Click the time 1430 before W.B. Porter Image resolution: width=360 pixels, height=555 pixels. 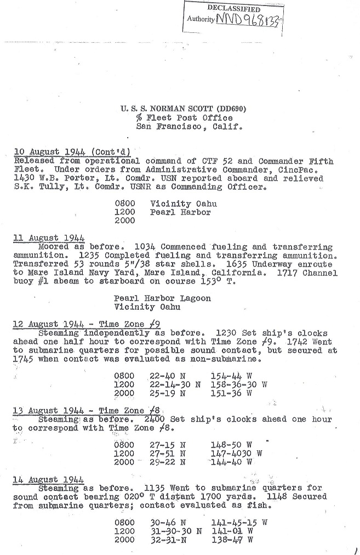(22, 178)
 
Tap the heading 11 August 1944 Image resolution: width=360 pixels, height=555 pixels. (49, 237)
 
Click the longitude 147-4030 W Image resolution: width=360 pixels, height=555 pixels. (236, 454)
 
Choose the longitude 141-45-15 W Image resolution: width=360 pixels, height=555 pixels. (238, 523)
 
